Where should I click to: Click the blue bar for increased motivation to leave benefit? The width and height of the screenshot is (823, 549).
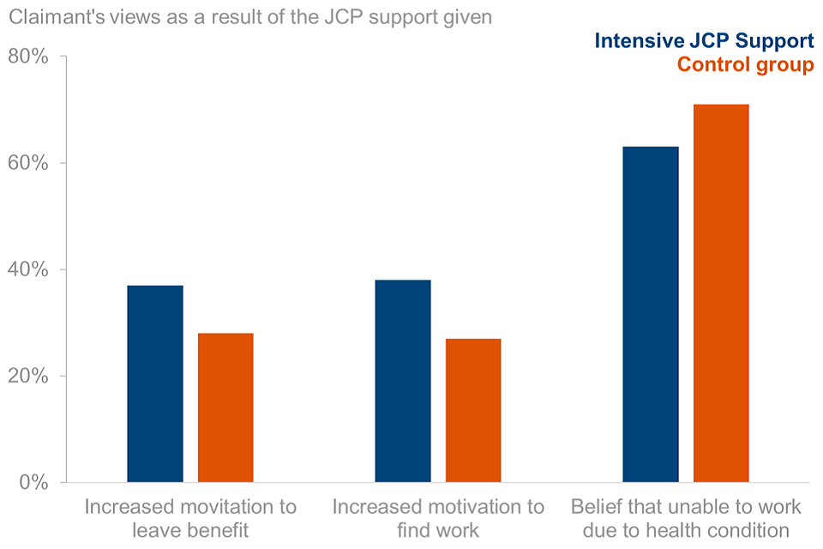[x=155, y=383]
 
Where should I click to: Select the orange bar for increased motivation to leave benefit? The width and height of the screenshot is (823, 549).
[x=225, y=407]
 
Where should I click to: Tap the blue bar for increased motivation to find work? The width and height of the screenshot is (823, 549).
[x=403, y=381]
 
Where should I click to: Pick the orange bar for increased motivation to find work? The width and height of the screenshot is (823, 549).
[x=473, y=410]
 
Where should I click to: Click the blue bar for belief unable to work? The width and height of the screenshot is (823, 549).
[x=651, y=314]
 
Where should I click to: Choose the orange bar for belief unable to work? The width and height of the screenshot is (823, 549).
[x=721, y=293]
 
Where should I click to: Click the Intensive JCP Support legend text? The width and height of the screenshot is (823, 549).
[x=704, y=40]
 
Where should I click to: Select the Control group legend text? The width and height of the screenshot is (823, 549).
[x=745, y=65]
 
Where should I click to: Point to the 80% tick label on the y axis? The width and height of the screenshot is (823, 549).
[x=28, y=57]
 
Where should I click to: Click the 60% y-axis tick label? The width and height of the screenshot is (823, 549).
[x=28, y=164]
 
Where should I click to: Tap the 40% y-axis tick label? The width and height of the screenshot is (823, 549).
[x=28, y=270]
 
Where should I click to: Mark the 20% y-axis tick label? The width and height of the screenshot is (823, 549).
[x=28, y=377]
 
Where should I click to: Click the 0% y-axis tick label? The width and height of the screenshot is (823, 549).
[x=33, y=483]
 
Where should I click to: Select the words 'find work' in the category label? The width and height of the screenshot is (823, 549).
[x=437, y=531]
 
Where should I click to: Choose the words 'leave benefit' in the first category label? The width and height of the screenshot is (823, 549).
[x=190, y=531]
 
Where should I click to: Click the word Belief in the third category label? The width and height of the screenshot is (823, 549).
[x=597, y=507]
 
